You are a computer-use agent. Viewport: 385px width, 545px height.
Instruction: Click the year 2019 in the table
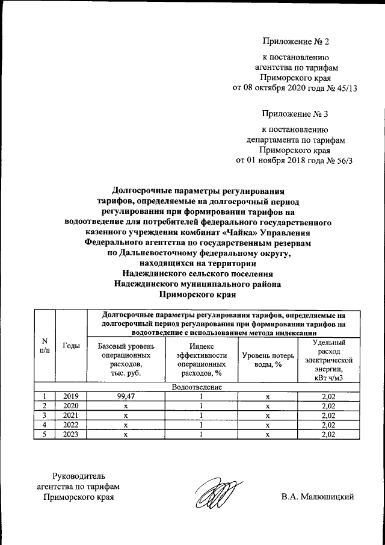click(x=72, y=396)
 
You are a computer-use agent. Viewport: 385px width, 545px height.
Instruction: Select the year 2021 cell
click(x=72, y=416)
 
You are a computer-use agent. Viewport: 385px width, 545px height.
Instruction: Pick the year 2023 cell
click(x=72, y=435)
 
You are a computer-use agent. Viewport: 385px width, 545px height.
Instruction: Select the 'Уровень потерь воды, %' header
click(x=268, y=360)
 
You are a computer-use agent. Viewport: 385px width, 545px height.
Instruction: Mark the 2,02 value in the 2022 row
click(x=328, y=425)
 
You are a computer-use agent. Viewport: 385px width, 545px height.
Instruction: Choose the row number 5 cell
click(x=45, y=435)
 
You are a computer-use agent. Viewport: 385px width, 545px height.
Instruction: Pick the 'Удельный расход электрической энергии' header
click(x=328, y=360)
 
